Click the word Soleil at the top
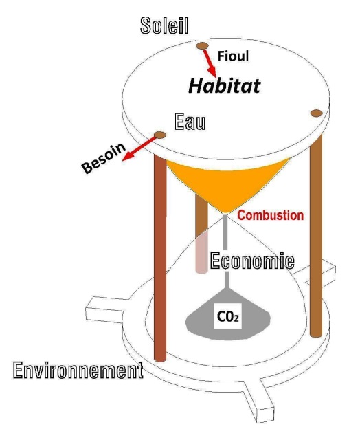coord(164,25)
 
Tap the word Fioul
coord(233,56)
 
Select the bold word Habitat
coord(225,86)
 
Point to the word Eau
coord(190,121)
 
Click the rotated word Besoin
coord(104,158)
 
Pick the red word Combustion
coord(270,215)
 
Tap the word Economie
coord(252,261)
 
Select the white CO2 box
coord(227,316)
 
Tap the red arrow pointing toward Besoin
coord(139,148)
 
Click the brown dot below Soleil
coord(202,45)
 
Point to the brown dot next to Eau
coord(160,135)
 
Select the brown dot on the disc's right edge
coord(317,113)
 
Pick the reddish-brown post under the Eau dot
coord(160,257)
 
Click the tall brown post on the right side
coord(316,235)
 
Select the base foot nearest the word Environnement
coord(105,311)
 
